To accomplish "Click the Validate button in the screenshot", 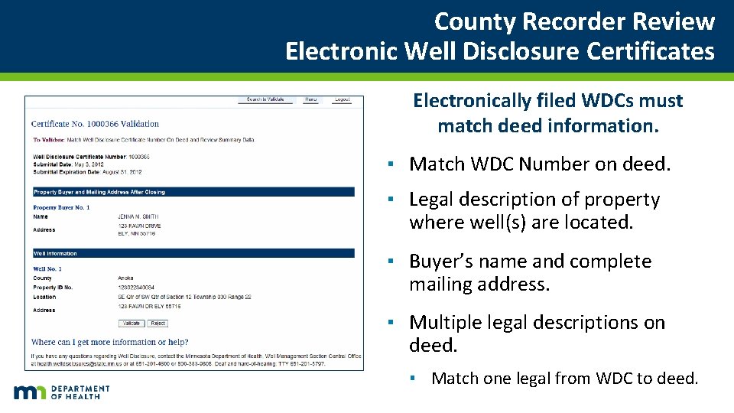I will click(x=132, y=324).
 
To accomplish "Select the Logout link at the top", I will click(x=342, y=99).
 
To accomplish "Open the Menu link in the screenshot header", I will click(x=311, y=99).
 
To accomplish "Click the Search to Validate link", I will click(x=265, y=99).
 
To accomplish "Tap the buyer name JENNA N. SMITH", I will click(x=138, y=217).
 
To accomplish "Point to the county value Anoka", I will click(x=125, y=278).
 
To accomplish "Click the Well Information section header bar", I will click(x=193, y=253).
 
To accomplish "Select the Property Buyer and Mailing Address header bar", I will click(x=193, y=192).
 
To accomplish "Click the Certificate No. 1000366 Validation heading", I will click(x=95, y=124).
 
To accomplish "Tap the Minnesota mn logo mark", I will click(x=31, y=392).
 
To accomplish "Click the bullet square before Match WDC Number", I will click(x=390, y=164).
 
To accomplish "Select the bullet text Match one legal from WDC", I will click(x=564, y=378).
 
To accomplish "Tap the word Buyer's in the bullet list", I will click(x=441, y=262).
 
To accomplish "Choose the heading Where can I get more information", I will click(x=109, y=342).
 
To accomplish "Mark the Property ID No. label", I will click(x=53, y=288).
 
